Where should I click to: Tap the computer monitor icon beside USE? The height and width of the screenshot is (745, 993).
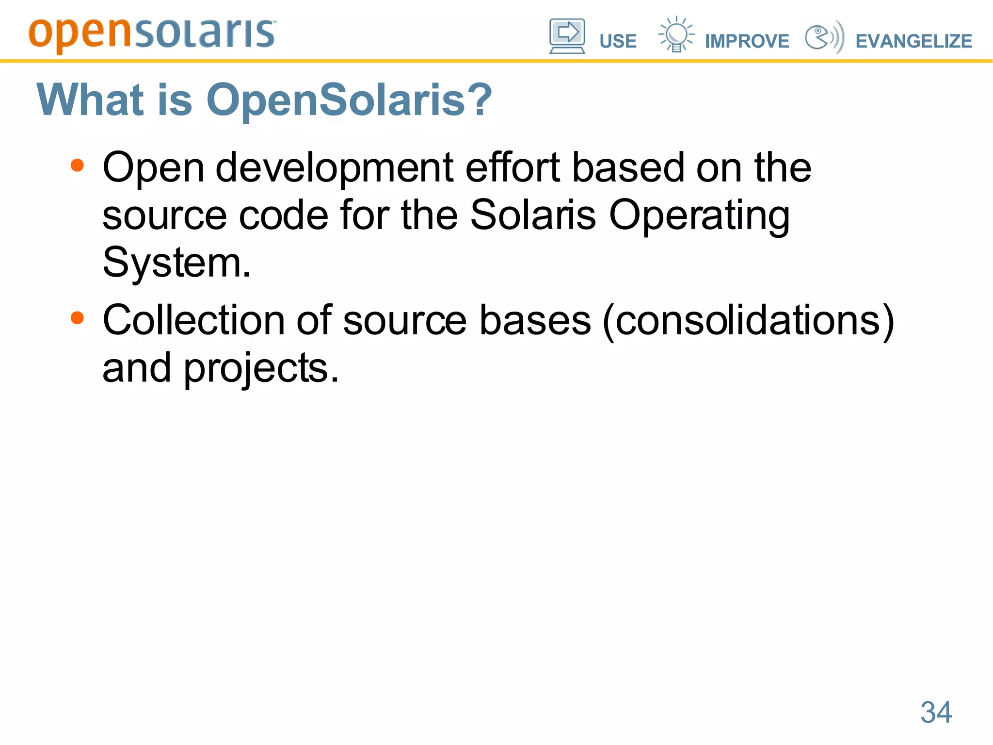point(567,35)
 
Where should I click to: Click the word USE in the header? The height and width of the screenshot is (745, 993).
point(618,41)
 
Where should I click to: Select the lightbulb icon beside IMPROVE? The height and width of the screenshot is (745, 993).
point(675,34)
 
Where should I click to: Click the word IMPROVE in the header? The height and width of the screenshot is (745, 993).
point(747,41)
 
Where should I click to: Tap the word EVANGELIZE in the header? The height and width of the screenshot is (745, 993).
point(913,41)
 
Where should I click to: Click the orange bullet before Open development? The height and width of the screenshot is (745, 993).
point(77,166)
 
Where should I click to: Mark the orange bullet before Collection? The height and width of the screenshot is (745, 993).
point(77,318)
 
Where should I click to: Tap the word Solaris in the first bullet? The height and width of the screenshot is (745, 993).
point(533,215)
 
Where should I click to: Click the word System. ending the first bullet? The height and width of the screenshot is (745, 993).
point(176,263)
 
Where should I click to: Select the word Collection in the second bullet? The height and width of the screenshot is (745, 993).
point(193,320)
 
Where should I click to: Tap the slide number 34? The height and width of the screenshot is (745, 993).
point(936,712)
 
